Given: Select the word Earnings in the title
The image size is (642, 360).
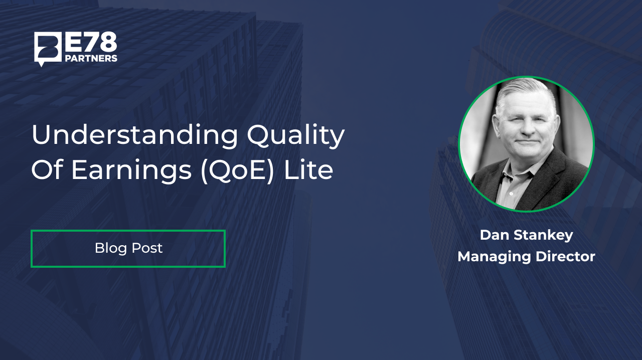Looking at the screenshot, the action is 131,169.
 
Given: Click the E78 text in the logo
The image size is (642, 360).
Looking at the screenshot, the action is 91,42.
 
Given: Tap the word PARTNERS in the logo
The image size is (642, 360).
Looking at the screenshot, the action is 91,59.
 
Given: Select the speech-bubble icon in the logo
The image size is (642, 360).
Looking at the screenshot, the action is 48,49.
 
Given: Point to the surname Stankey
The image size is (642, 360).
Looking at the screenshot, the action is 543,236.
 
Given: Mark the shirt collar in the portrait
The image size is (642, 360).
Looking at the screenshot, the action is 516,169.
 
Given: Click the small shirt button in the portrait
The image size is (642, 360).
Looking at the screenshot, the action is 511,194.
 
